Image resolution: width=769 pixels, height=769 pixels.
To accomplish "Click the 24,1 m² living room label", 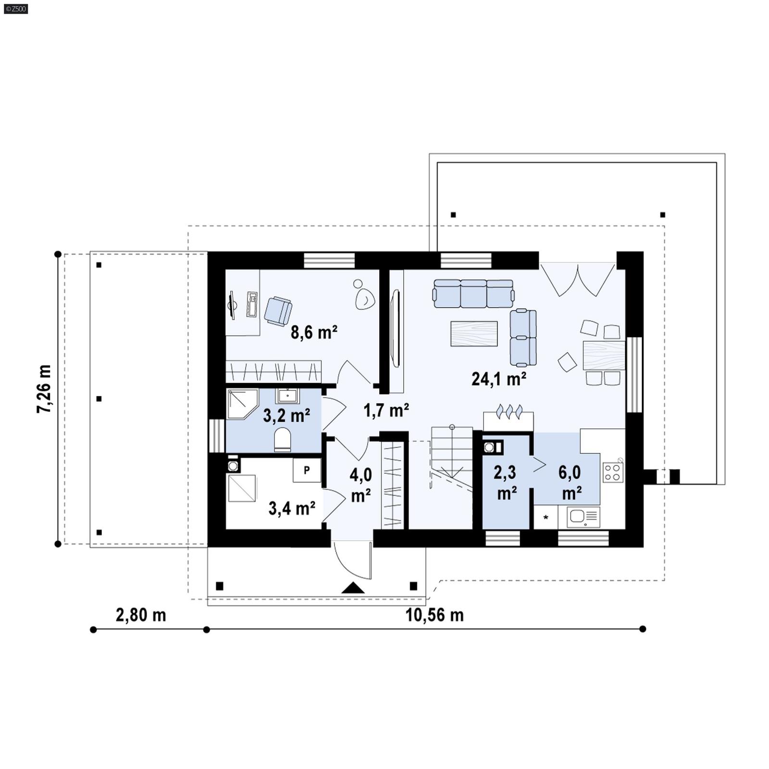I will click(x=498, y=379).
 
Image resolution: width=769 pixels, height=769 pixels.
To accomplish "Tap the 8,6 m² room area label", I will click(x=313, y=332).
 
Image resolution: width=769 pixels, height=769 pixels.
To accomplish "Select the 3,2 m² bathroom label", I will click(x=286, y=415).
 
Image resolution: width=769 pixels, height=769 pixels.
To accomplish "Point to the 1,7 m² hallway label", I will click(x=386, y=410).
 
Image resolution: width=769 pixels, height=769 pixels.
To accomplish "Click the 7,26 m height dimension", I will click(x=44, y=389).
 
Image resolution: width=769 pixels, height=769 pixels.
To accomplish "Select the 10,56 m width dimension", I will click(x=434, y=615).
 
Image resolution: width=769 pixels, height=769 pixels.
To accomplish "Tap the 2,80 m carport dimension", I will click(x=141, y=615).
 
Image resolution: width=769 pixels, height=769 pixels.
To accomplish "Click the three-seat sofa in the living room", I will click(x=473, y=294).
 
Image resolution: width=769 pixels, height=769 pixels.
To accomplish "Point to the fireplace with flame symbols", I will click(x=508, y=419).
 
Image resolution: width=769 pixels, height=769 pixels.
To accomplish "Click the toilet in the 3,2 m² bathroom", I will click(x=283, y=440).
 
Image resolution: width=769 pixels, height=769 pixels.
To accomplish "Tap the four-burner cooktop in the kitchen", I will click(x=613, y=472).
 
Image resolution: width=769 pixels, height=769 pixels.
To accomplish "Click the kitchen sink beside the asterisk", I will click(x=583, y=517).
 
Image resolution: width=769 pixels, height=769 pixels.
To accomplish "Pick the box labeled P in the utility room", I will click(x=307, y=471).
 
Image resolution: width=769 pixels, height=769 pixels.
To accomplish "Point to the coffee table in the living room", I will click(x=474, y=334).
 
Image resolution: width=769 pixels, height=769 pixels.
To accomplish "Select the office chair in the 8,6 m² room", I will click(x=278, y=311).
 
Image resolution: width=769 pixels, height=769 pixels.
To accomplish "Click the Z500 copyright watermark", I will click(x=15, y=8).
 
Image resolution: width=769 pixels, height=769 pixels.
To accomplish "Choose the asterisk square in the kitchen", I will click(x=546, y=518).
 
